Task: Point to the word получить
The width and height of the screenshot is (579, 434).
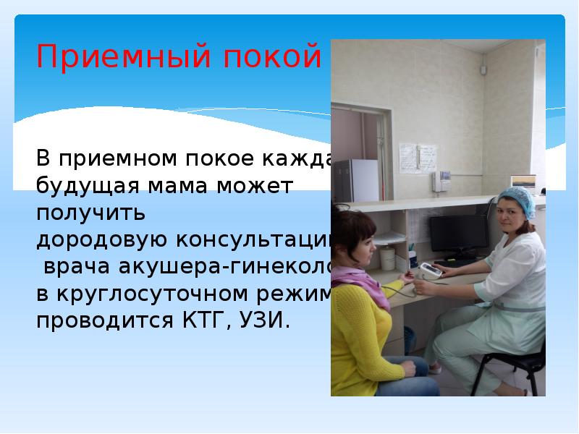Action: (91, 213)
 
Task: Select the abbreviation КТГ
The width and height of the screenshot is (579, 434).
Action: (200, 320)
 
